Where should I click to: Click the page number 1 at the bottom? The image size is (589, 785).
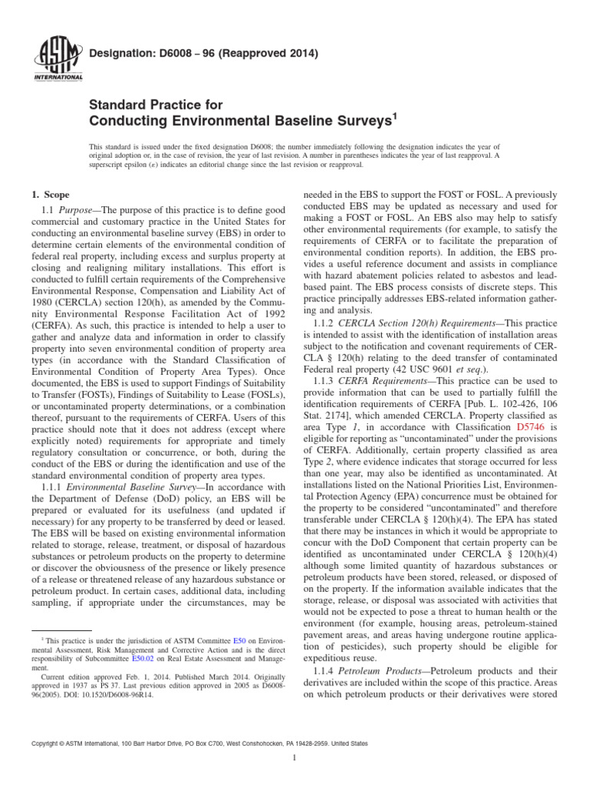point(294,759)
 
